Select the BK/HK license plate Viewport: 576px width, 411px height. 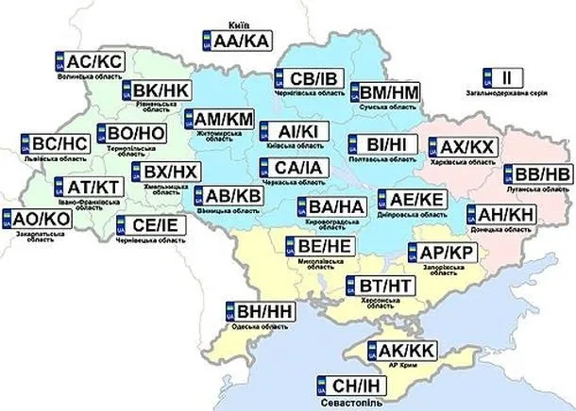click(x=156, y=90)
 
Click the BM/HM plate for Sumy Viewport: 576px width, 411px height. click(x=384, y=92)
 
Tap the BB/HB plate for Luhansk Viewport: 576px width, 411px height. click(x=536, y=175)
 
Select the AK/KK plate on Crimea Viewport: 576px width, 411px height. click(x=398, y=349)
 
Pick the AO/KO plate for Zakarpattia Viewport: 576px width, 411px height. click(x=37, y=219)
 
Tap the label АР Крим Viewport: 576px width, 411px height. click(x=398, y=364)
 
